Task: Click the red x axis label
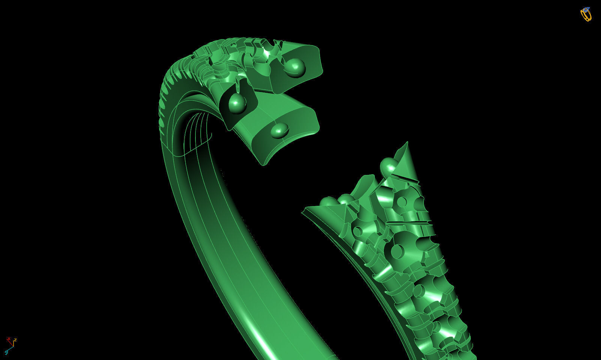point(8,339)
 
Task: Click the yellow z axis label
point(15,340)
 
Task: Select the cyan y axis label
point(6,352)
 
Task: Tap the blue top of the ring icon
point(586,9)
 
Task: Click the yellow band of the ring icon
point(585,16)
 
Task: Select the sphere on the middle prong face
point(237,102)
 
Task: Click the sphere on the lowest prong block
point(280,130)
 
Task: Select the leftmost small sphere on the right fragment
point(328,202)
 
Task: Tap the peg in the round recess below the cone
point(402,202)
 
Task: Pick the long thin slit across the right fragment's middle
point(409,223)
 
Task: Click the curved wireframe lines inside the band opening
point(195,131)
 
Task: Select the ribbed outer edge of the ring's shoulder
point(165,98)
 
